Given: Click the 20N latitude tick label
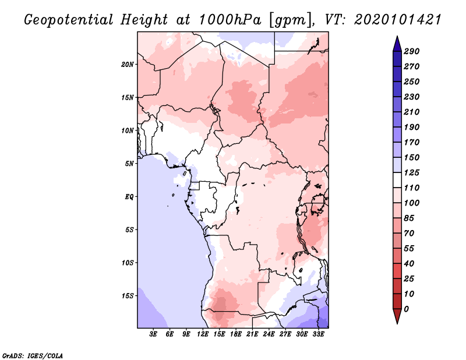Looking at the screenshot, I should point(128,64).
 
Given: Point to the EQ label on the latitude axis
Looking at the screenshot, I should point(129,196).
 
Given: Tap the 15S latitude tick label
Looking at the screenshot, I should point(128,295).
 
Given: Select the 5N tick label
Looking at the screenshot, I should point(129,163).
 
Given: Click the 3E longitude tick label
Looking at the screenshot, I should point(154,335).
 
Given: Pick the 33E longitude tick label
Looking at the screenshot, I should point(318,335).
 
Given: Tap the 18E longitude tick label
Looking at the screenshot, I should point(236,335).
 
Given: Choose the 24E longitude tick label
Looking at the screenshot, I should point(269,335).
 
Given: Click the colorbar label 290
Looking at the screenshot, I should point(412,51).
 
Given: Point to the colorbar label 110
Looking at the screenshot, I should point(412,188).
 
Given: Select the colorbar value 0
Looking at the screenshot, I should point(407,309).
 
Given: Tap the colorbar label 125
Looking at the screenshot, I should point(412,172).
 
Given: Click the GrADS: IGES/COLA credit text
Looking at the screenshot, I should point(33,355).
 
